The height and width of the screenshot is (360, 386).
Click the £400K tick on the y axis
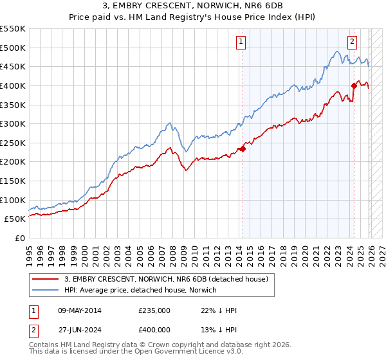(x=13, y=85)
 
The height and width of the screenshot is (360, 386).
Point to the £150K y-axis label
(x=13, y=181)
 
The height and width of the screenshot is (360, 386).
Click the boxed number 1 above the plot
(x=241, y=42)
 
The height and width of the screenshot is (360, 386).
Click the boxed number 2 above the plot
(x=353, y=42)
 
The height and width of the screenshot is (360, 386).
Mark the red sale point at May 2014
(x=243, y=148)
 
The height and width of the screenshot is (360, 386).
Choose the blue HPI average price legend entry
(x=141, y=290)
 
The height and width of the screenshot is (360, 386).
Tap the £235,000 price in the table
(x=154, y=310)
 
